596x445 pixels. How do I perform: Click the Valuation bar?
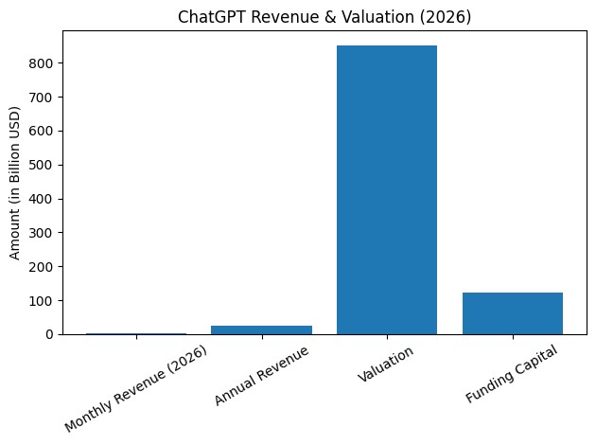[387, 189]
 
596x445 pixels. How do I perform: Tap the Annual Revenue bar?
[261, 329]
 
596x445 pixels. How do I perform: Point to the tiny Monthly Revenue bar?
[136, 333]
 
